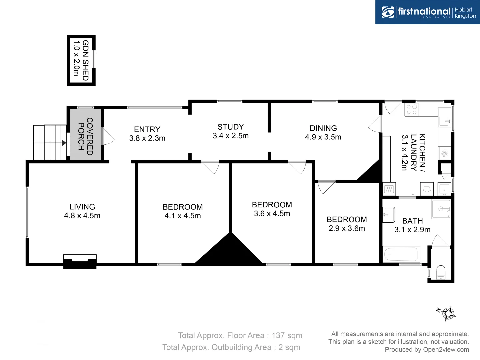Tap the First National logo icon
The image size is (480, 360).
388,12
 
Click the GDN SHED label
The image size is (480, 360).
85,60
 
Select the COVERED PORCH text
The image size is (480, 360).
85,136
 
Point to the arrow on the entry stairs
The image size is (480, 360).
64,143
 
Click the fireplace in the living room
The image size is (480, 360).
80,261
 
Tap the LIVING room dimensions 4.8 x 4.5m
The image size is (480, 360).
82,216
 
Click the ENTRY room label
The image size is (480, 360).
147,129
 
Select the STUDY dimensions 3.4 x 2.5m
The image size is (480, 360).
231,136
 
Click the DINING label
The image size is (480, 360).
323,128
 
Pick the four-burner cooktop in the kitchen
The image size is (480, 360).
412,110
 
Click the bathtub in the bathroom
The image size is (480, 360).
401,255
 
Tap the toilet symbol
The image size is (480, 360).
441,272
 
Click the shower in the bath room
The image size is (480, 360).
441,209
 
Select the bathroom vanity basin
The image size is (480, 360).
388,214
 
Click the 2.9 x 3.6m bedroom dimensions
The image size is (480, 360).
347,228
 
